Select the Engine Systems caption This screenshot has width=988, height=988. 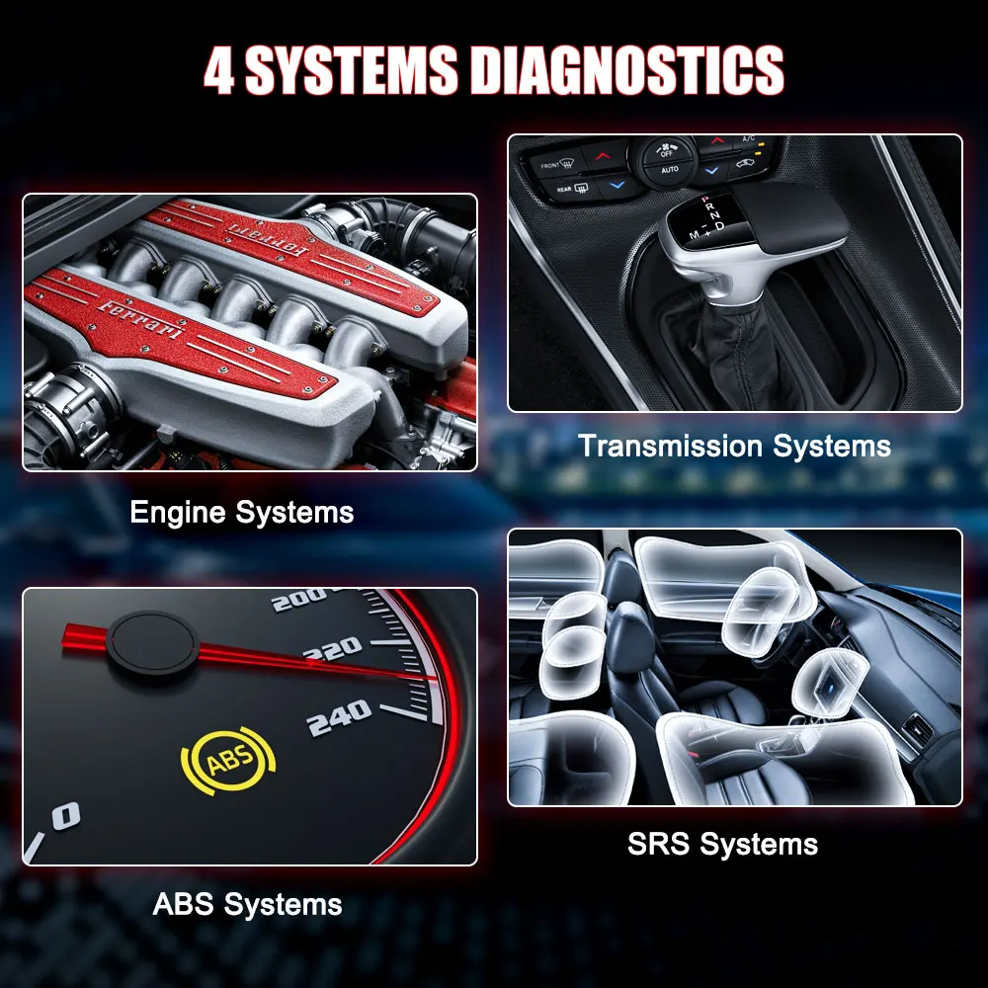point(241,513)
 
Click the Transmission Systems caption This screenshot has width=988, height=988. point(734,446)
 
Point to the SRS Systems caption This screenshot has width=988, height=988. point(722,845)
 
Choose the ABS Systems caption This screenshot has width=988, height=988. point(247,904)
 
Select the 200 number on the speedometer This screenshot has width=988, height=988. point(297,599)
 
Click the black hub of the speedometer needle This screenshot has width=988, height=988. point(154,645)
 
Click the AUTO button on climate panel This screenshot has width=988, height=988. point(669,171)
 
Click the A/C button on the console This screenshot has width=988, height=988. point(749,141)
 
